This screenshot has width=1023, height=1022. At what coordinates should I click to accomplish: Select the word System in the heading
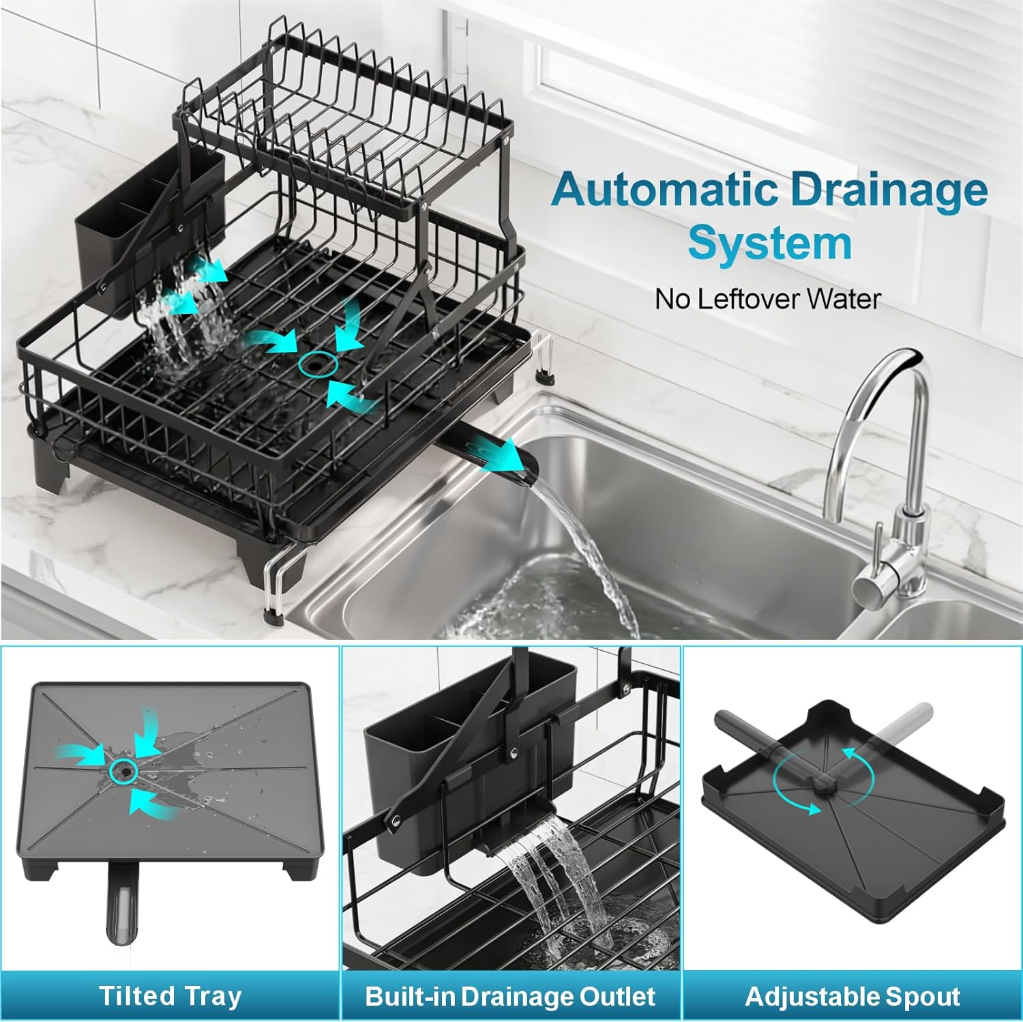(769, 243)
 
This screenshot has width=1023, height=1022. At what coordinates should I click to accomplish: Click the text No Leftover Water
(768, 299)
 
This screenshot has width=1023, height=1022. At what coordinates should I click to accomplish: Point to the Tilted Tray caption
(170, 996)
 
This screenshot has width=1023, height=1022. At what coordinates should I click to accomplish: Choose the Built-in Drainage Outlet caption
(510, 996)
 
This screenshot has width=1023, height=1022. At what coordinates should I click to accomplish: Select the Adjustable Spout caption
(853, 996)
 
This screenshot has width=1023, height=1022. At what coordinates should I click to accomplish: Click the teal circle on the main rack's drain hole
(318, 365)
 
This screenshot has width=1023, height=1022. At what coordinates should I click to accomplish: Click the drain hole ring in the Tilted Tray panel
(124, 770)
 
